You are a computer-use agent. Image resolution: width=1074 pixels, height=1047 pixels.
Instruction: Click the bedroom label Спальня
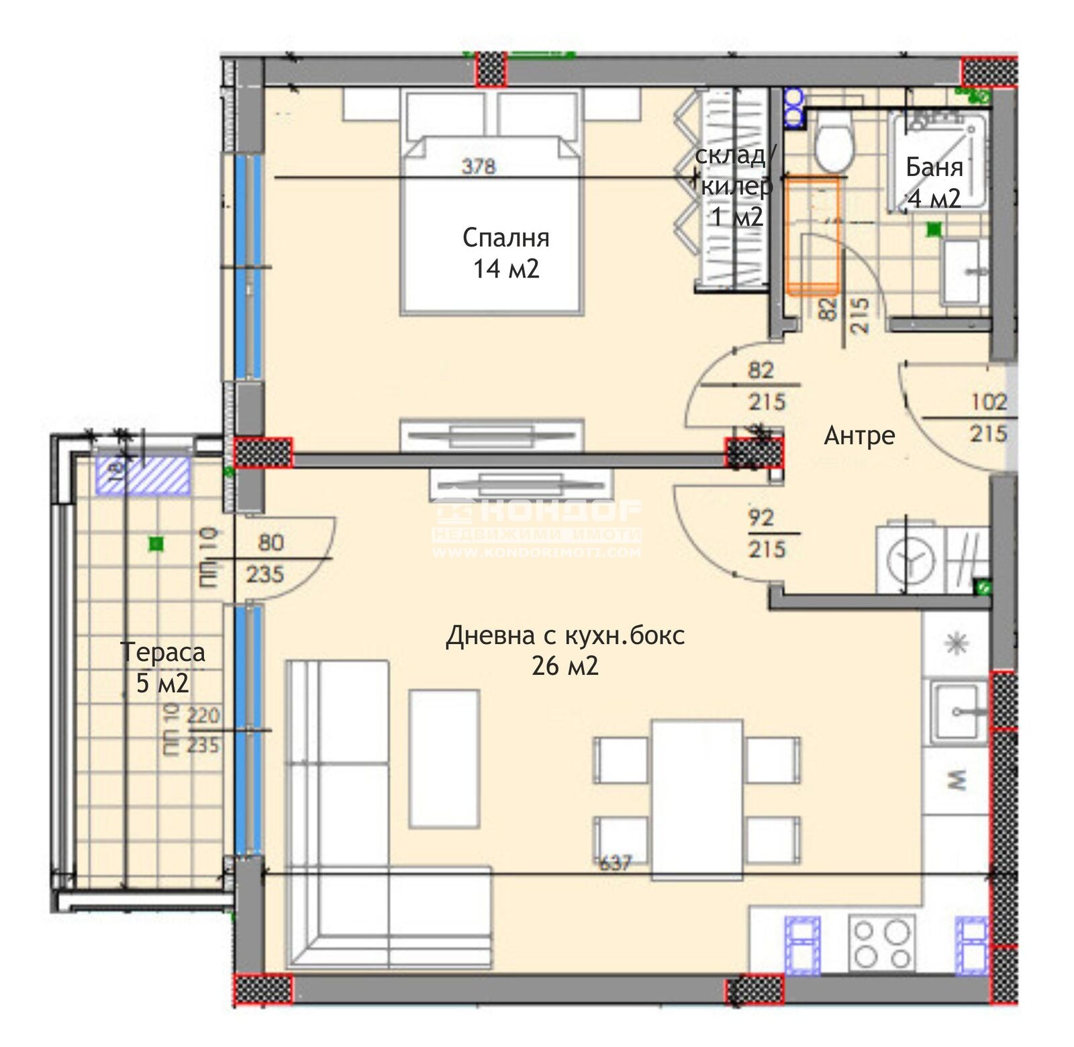[505, 238]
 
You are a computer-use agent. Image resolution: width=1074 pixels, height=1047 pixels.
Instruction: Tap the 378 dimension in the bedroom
[479, 166]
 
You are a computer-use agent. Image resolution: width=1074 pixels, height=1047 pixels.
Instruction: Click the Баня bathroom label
[934, 167]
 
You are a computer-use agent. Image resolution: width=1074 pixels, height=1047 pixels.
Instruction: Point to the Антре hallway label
[859, 436]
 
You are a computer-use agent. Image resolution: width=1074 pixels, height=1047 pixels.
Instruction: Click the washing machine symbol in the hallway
[910, 559]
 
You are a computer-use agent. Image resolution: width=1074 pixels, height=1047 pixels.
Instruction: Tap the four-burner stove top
[881, 944]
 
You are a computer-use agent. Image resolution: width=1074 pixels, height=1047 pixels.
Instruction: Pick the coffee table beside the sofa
[444, 758]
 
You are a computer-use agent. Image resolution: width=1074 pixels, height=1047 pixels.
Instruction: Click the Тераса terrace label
[163, 653]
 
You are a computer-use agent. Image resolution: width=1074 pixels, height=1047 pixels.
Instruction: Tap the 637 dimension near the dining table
[614, 863]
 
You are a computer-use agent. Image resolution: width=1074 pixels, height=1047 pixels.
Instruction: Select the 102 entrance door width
[988, 402]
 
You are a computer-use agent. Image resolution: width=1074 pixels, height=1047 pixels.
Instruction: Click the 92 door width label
[761, 518]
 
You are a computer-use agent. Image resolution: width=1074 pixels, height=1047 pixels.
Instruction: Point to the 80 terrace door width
[271, 543]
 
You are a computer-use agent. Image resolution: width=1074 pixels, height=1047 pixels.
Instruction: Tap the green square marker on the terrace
[156, 543]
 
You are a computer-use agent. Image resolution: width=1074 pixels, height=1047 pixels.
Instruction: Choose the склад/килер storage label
[735, 186]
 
